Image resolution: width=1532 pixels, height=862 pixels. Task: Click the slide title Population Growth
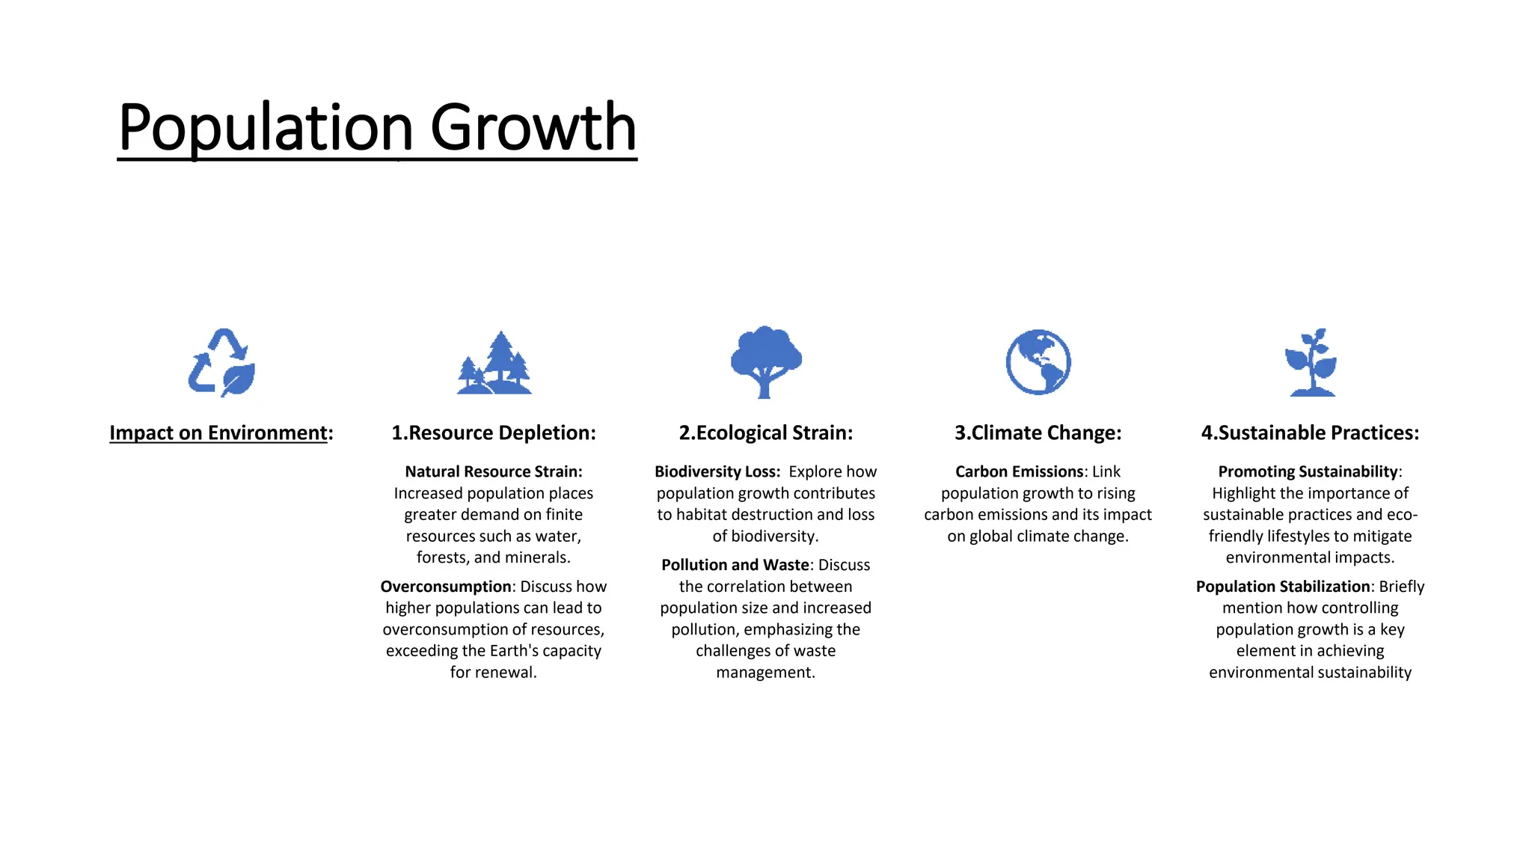tap(377, 127)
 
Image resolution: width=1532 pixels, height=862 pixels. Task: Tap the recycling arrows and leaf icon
tap(221, 362)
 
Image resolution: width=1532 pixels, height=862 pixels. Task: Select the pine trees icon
tap(494, 364)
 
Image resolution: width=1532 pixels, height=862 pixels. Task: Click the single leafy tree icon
tap(765, 361)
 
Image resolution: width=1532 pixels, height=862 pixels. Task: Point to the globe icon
tap(1038, 362)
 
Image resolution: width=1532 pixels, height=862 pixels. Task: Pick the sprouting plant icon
tap(1311, 362)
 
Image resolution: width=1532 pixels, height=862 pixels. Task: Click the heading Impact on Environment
tap(221, 432)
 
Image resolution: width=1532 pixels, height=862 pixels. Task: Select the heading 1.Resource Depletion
tap(494, 432)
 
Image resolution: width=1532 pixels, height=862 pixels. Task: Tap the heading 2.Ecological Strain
tap(765, 432)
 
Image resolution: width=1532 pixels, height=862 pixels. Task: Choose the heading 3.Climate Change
tap(1038, 432)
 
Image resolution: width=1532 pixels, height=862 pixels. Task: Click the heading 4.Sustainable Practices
tap(1310, 432)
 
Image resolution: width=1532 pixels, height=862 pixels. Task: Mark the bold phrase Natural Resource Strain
tap(493, 471)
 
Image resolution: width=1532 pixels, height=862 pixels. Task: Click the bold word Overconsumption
tap(446, 587)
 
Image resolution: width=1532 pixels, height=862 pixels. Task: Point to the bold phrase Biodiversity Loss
tap(717, 471)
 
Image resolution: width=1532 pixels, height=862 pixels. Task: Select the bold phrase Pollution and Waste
tap(735, 565)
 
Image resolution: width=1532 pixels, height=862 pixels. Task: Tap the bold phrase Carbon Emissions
tap(1019, 471)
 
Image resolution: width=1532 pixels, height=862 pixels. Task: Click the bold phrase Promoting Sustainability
tap(1308, 471)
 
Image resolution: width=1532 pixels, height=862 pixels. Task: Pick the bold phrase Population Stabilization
tap(1282, 587)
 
